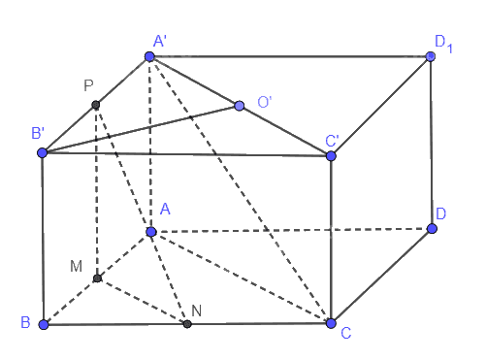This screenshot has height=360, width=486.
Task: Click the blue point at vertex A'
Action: [x=149, y=56]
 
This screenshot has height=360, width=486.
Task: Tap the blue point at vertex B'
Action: [x=43, y=152]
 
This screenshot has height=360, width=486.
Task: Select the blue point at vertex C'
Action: [x=331, y=156]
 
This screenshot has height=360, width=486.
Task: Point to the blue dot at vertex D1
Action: [x=431, y=56]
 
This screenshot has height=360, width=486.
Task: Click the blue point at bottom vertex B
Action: [x=44, y=324]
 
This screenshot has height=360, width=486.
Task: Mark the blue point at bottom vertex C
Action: [x=331, y=323]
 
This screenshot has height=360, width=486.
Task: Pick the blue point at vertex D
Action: [x=432, y=229]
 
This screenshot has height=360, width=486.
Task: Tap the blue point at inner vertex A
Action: [x=151, y=232]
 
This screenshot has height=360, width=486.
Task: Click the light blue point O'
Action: [x=240, y=106]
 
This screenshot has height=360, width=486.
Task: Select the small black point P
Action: [x=95, y=105]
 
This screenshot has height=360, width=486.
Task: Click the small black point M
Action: [x=97, y=278]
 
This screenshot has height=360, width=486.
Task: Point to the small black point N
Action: [x=187, y=324]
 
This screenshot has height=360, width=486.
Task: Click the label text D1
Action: [x=443, y=44]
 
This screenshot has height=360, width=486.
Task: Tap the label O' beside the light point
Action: [x=264, y=102]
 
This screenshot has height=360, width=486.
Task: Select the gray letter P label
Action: [x=88, y=85]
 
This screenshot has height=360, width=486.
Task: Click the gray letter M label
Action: [x=76, y=267]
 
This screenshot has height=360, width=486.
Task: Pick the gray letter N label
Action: [x=197, y=311]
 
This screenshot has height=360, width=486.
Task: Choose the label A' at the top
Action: [x=160, y=42]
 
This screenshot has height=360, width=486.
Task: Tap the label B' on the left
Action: [x=38, y=133]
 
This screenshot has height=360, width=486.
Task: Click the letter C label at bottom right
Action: [x=346, y=333]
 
